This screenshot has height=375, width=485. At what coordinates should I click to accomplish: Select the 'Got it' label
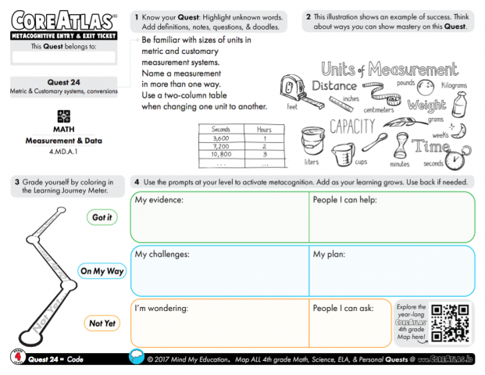(x=102, y=217)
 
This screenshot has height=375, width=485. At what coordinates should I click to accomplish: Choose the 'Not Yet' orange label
(x=102, y=323)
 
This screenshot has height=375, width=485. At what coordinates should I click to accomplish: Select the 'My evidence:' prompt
(x=159, y=200)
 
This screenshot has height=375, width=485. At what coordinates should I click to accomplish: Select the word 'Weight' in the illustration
(x=426, y=105)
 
